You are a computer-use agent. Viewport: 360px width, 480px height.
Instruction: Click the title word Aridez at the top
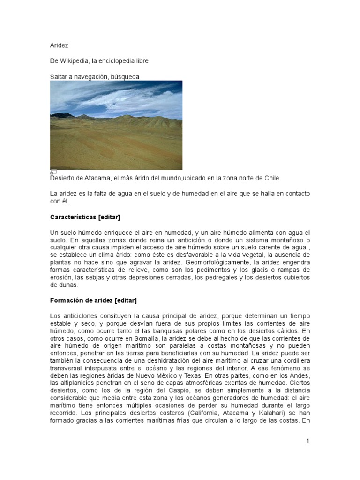(x=59, y=46)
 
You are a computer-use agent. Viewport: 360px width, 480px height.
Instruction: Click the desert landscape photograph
(x=116, y=125)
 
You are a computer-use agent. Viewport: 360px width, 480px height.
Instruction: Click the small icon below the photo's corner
(x=53, y=172)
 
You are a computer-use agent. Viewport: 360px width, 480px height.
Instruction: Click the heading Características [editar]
(x=85, y=217)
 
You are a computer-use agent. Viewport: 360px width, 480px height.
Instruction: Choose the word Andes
(x=300, y=375)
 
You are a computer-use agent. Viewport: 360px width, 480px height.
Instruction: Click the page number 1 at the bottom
(x=308, y=441)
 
